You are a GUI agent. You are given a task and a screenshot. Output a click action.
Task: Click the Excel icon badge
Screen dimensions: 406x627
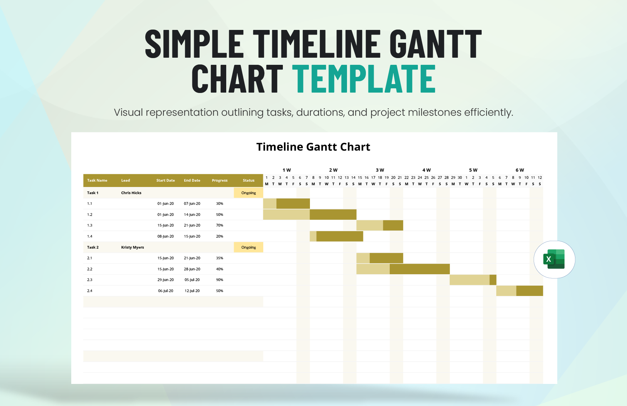tap(554, 259)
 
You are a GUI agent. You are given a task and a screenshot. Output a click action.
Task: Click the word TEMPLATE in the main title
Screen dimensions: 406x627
tap(364, 79)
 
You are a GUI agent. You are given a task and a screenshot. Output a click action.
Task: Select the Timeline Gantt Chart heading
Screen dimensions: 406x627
tap(313, 147)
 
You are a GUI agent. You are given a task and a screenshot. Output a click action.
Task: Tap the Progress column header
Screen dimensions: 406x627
tap(219, 181)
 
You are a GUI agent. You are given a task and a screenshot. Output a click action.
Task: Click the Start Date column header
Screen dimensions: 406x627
tap(166, 181)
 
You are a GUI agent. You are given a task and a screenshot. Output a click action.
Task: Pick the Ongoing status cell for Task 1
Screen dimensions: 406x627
tap(248, 193)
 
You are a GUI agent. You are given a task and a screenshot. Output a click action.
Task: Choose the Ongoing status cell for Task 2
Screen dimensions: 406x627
tap(248, 248)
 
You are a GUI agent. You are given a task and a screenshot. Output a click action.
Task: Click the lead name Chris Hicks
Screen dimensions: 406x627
tap(131, 193)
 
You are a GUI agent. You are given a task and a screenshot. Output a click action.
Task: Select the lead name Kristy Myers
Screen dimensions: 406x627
tap(133, 248)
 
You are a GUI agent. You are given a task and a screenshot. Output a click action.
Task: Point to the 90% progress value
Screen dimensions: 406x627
tap(219, 280)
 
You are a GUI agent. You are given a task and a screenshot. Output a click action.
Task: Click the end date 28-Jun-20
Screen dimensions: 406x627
tap(192, 269)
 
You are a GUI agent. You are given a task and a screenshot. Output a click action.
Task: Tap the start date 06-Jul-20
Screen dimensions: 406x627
tap(166, 291)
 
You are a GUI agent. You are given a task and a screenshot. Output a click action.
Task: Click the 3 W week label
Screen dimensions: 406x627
tap(380, 170)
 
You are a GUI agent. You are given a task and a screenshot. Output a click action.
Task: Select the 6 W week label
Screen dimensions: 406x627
tap(520, 170)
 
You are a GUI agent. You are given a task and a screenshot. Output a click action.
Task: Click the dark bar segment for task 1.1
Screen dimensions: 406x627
tap(293, 204)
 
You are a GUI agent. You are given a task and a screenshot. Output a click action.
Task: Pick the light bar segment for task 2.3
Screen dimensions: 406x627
tap(470, 280)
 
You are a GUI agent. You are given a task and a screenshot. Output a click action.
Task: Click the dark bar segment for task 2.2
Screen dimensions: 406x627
tap(420, 269)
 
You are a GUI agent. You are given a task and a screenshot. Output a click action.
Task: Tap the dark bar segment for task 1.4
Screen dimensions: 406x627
tap(340, 236)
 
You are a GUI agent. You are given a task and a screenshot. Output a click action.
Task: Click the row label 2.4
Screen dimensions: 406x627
tap(90, 291)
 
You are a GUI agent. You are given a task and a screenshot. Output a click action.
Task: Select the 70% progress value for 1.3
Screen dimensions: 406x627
tap(219, 225)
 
